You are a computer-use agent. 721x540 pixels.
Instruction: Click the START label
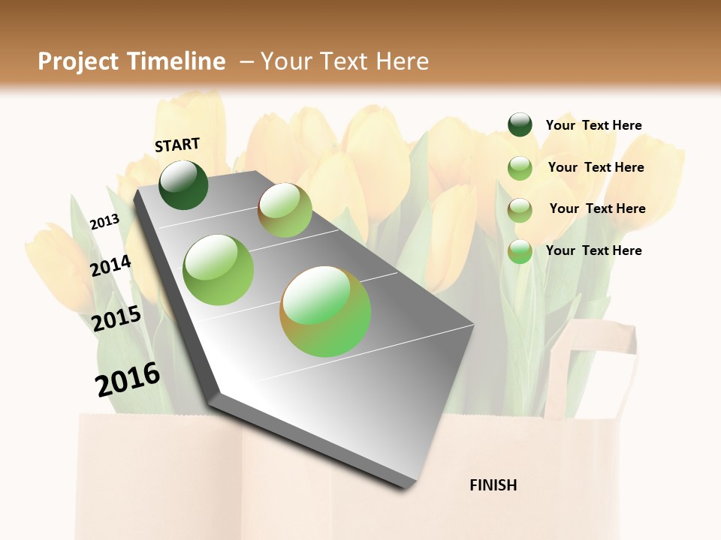[177, 145]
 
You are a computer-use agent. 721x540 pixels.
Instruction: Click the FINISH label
[493, 485]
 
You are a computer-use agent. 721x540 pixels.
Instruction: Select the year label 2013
[104, 221]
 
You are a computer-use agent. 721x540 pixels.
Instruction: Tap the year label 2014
[111, 265]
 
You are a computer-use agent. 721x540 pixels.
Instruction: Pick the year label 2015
[116, 319]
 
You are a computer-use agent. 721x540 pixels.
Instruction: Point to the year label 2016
[128, 379]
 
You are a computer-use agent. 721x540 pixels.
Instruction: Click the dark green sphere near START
[183, 184]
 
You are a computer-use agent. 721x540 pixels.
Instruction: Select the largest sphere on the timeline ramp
[325, 311]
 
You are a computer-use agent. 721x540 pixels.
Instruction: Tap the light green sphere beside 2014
[218, 270]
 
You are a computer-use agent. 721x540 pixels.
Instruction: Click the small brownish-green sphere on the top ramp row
[285, 210]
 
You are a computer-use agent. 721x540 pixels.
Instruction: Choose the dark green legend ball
[520, 124]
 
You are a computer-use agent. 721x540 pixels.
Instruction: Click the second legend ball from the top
[520, 168]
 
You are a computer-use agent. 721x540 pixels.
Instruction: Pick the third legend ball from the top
[520, 210]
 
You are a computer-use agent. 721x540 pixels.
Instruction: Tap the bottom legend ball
[520, 251]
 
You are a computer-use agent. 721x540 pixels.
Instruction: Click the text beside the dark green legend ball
[593, 125]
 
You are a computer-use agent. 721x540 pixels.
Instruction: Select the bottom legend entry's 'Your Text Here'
[593, 250]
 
